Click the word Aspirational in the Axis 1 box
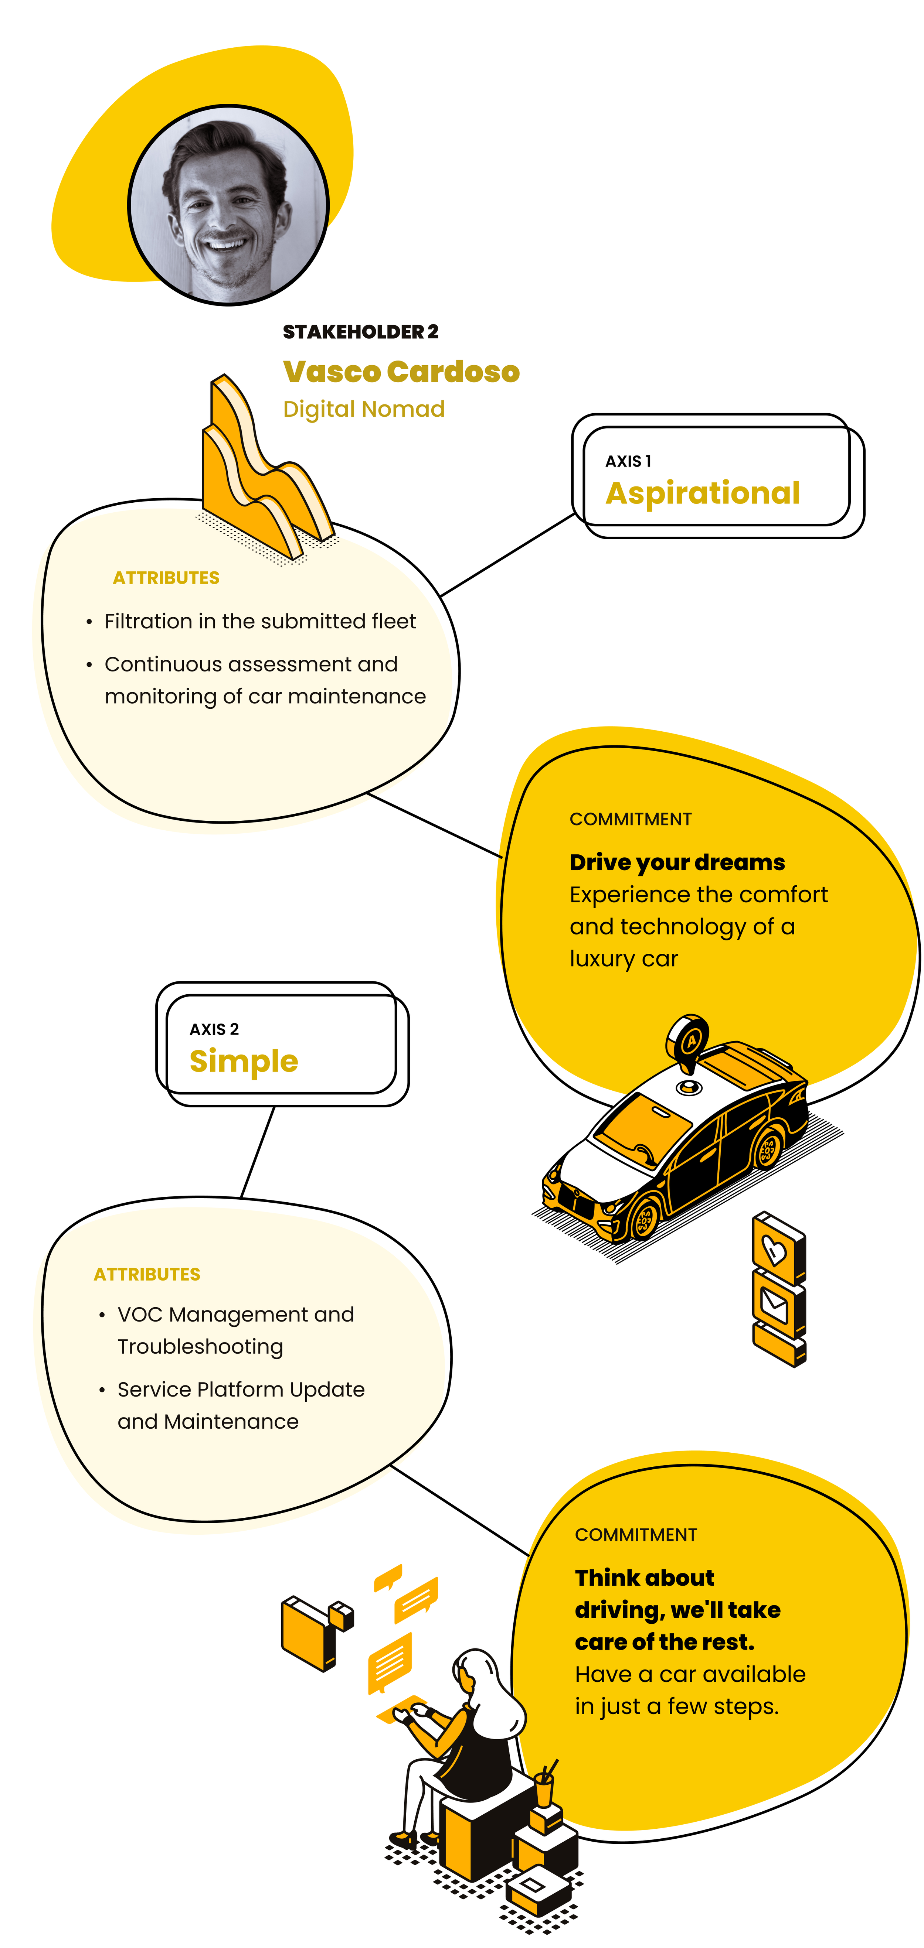pyautogui.click(x=702, y=493)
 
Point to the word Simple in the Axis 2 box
pyautogui.click(x=244, y=1061)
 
